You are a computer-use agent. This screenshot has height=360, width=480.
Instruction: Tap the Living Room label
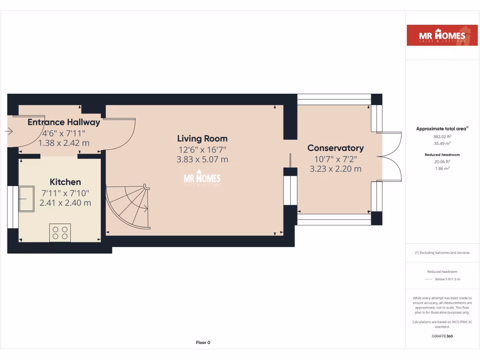point(202,138)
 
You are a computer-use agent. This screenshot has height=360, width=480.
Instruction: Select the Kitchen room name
point(65,182)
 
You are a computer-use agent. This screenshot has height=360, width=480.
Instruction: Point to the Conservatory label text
point(335,148)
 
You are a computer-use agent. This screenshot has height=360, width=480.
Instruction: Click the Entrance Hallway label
point(64,122)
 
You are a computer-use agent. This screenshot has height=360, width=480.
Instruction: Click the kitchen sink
point(26,199)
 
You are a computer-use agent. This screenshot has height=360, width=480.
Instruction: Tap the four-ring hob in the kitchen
point(60,233)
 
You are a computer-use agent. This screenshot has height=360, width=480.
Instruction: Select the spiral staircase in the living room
point(127,206)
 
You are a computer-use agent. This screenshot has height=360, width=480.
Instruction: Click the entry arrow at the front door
point(8,132)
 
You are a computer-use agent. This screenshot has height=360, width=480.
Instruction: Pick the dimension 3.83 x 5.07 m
point(202,159)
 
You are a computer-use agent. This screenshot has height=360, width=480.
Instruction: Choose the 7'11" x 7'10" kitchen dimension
point(65,193)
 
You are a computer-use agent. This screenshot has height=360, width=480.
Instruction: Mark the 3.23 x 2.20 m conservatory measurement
point(335,169)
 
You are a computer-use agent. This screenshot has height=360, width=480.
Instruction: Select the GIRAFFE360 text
point(442,336)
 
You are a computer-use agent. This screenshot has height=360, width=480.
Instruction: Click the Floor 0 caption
point(203,343)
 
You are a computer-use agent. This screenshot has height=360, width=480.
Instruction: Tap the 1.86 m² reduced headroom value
point(442,168)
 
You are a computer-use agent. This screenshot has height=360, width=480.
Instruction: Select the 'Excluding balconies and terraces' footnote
point(442,253)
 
